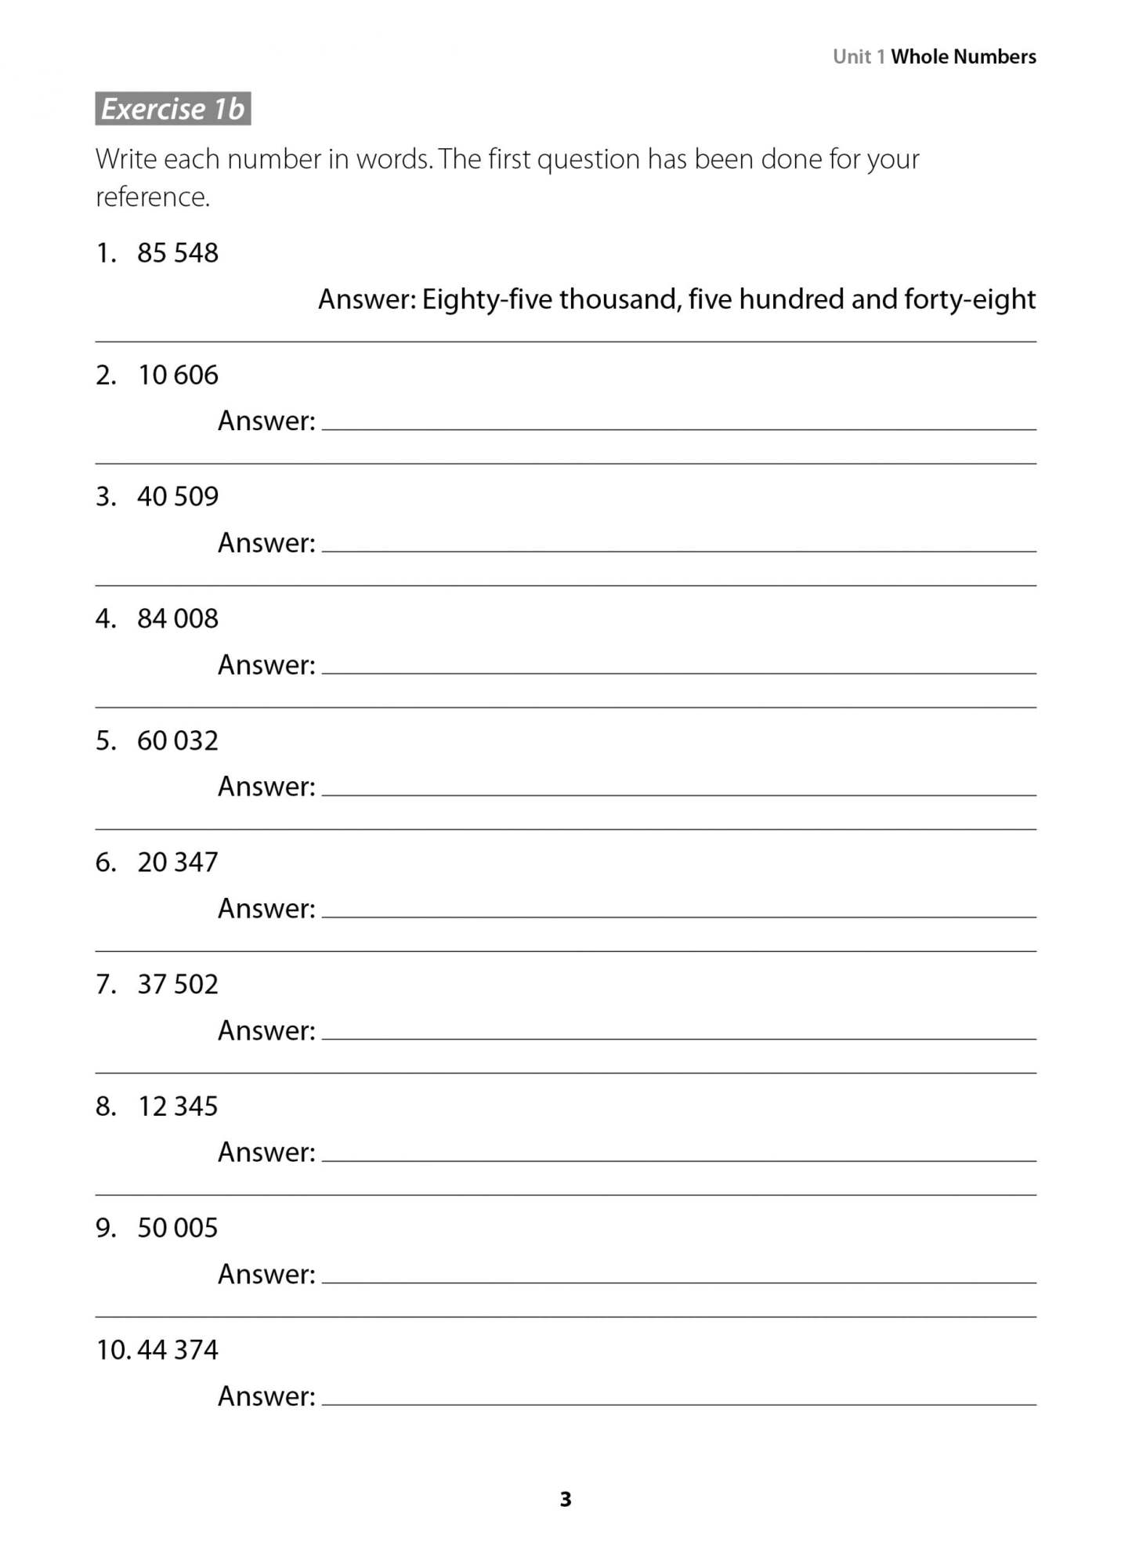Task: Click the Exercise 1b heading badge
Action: point(173,109)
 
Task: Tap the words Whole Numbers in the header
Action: point(963,56)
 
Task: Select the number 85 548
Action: point(178,253)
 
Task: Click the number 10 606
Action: point(178,375)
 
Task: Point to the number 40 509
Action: point(178,497)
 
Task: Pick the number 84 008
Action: point(178,619)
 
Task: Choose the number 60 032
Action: point(178,740)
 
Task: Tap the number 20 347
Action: point(178,863)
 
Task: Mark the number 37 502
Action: point(178,984)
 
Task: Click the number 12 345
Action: point(178,1106)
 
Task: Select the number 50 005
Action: point(178,1228)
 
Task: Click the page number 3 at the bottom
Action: point(566,1500)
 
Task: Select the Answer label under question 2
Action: point(266,422)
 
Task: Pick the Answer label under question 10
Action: point(266,1396)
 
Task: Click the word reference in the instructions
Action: point(152,197)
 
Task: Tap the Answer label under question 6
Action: point(266,909)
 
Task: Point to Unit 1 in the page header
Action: point(859,56)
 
